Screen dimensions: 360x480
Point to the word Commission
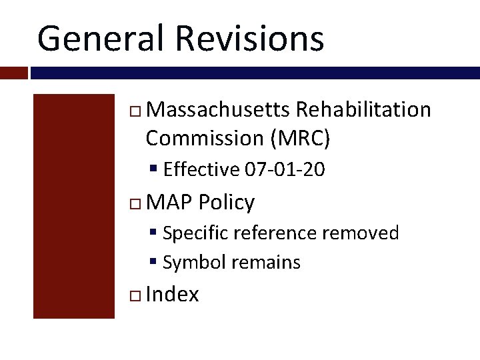205,138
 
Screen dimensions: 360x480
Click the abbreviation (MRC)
300,138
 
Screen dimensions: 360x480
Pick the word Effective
201,170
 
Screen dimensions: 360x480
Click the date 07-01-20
285,170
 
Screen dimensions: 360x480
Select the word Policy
227,202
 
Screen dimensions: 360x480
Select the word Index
172,294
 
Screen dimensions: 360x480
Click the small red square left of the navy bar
13,73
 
